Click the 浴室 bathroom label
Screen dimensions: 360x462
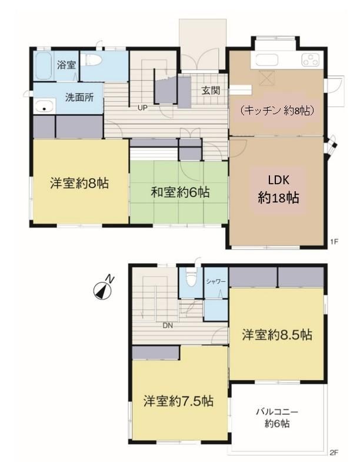click(66, 65)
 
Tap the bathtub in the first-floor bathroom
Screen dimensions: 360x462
click(44, 65)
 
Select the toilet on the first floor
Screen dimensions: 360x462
click(93, 61)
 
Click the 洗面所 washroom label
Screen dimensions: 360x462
click(79, 98)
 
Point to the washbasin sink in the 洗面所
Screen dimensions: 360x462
click(45, 107)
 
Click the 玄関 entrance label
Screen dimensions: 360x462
click(211, 91)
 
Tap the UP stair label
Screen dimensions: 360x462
click(142, 108)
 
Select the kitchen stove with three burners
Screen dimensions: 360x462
click(310, 60)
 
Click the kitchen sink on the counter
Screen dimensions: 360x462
click(266, 60)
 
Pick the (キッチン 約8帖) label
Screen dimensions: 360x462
click(276, 111)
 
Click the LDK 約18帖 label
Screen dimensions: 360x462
click(278, 189)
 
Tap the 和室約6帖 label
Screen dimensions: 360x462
click(181, 192)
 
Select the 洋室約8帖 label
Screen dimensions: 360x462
click(79, 183)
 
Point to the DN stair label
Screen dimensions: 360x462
click(168, 325)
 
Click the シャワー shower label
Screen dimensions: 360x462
click(216, 282)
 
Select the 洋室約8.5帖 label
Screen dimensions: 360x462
click(277, 335)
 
